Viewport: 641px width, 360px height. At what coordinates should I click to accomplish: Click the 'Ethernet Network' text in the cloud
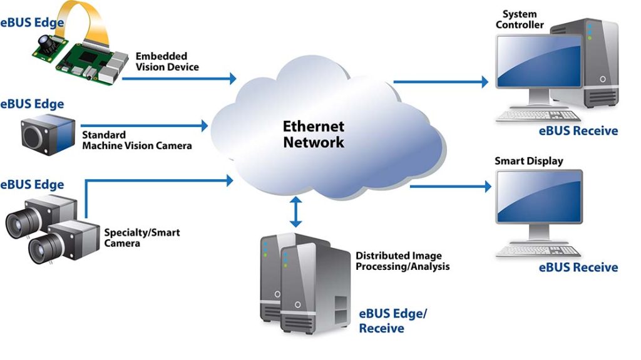pyautogui.click(x=314, y=134)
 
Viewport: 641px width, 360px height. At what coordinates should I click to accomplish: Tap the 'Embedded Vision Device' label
pyautogui.click(x=167, y=61)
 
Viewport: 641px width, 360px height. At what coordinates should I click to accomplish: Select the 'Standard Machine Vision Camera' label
pyautogui.click(x=136, y=140)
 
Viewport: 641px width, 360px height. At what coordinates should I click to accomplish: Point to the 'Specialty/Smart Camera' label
pyautogui.click(x=141, y=237)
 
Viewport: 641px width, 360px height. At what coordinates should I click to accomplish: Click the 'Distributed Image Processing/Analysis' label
pyautogui.click(x=403, y=261)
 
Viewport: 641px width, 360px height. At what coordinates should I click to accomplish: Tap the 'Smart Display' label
pyautogui.click(x=529, y=161)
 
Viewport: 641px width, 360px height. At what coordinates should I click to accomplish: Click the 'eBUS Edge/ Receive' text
pyautogui.click(x=392, y=321)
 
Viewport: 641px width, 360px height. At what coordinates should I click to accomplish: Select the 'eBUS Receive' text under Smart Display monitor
pyautogui.click(x=578, y=267)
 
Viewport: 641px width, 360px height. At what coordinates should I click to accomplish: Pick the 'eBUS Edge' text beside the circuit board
pyautogui.click(x=32, y=24)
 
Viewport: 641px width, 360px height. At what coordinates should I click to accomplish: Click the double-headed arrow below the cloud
pyautogui.click(x=295, y=212)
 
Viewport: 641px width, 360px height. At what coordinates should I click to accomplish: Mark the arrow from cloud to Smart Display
pyautogui.click(x=450, y=186)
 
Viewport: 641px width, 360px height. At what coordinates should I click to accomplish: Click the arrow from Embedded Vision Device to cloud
pyautogui.click(x=179, y=78)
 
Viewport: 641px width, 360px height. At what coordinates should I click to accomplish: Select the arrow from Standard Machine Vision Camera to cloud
pyautogui.click(x=145, y=125)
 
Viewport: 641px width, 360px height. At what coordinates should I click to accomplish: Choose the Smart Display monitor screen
pyautogui.click(x=539, y=199)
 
